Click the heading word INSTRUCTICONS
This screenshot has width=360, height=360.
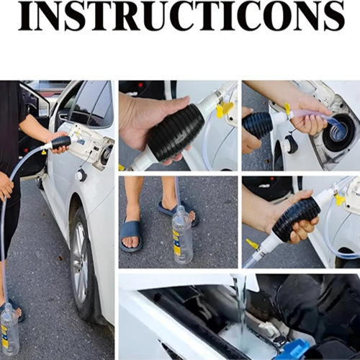[x=181, y=16]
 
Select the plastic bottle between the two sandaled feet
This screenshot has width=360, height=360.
[x=182, y=235]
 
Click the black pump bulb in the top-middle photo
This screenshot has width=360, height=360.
[x=176, y=132]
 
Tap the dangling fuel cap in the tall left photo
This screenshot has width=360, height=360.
[x=81, y=175]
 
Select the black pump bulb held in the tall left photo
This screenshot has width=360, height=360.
[x=61, y=143]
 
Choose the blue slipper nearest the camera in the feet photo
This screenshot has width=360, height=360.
[x=131, y=235]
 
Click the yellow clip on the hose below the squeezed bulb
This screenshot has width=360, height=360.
[x=252, y=244]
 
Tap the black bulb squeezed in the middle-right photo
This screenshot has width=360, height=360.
[x=297, y=218]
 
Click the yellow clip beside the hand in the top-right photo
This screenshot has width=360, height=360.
[x=287, y=109]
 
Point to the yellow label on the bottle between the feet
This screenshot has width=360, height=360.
[x=176, y=242]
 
